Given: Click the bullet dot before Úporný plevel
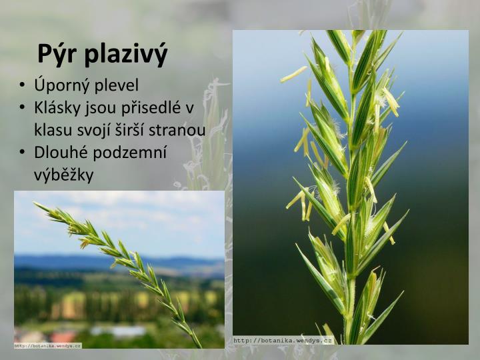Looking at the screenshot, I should [23, 86].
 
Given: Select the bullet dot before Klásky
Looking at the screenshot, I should [23, 109].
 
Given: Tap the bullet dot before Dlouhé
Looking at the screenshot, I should [23, 153].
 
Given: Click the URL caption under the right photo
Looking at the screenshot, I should [283, 341].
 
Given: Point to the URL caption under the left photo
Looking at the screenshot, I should [48, 345].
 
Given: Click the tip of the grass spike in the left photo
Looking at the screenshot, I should [36, 205].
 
